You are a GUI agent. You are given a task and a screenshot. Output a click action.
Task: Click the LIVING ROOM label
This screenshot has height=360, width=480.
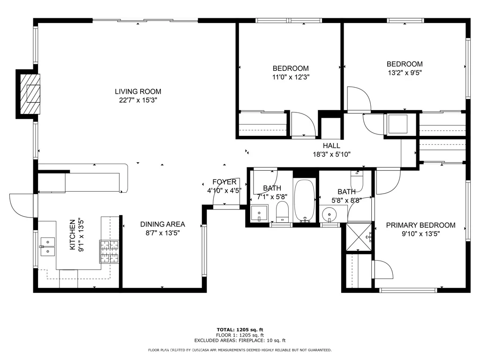pos(138,91)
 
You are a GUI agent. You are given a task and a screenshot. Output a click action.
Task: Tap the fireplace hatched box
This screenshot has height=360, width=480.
pos(30,94)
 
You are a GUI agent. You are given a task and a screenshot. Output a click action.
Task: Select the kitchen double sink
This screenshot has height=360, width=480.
pos(47,247)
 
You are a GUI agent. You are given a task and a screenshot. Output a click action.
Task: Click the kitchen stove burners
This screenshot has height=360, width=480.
pos(109,252)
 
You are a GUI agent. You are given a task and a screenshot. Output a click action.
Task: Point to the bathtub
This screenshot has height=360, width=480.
pos(304,200)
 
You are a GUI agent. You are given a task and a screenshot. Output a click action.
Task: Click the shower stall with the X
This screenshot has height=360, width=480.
pos(359,237)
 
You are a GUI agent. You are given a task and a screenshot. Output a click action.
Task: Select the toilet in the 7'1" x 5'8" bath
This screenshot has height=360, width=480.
pos(282,211)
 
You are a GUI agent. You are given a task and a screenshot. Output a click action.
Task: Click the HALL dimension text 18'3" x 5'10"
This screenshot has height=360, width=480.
pos(331,154)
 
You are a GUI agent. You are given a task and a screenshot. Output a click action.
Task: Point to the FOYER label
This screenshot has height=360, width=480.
pos(225,182)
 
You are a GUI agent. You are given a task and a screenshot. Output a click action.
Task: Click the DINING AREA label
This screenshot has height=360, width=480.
pos(163,224)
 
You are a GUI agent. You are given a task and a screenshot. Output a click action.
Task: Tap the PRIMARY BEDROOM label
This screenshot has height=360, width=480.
pos(420,225)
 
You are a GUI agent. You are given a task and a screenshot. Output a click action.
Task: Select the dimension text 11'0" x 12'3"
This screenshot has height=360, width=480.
pos(291,77)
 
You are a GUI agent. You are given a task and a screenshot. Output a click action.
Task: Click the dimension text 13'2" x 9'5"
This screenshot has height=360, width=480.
pos(405,73)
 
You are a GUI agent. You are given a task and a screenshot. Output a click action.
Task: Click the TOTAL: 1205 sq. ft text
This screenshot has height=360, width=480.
pos(240,330)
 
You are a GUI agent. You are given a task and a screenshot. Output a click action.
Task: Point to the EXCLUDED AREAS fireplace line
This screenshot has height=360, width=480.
pos(240,340)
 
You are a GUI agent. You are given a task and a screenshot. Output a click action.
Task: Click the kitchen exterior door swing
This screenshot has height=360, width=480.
pos(22,206)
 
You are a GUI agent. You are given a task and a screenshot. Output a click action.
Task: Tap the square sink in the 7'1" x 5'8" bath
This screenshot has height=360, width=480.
pos(259,213)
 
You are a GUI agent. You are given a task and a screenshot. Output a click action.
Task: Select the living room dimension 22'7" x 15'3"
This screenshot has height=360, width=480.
pos(138,100)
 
